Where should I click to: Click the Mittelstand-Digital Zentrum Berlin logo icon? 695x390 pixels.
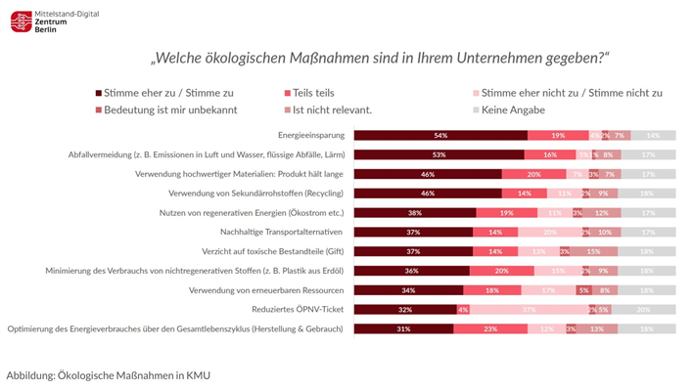pos(22,22)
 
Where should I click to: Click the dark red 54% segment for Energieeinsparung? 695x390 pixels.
pos(440,135)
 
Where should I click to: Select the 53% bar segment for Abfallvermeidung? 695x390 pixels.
pos(439,154)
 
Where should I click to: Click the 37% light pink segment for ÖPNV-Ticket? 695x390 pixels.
pos(528,309)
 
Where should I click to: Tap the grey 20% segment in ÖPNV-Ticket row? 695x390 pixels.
pos(643,309)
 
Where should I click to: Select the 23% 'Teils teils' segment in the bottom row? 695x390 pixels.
pos(490,328)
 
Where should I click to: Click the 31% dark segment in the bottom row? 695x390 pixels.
pos(403,328)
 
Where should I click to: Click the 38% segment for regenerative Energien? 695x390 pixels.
pos(414,212)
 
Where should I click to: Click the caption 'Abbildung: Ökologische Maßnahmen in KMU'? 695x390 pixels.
pos(108,374)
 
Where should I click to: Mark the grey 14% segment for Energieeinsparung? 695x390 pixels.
pos(652,135)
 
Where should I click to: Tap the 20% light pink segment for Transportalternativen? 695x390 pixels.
pos(549,232)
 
